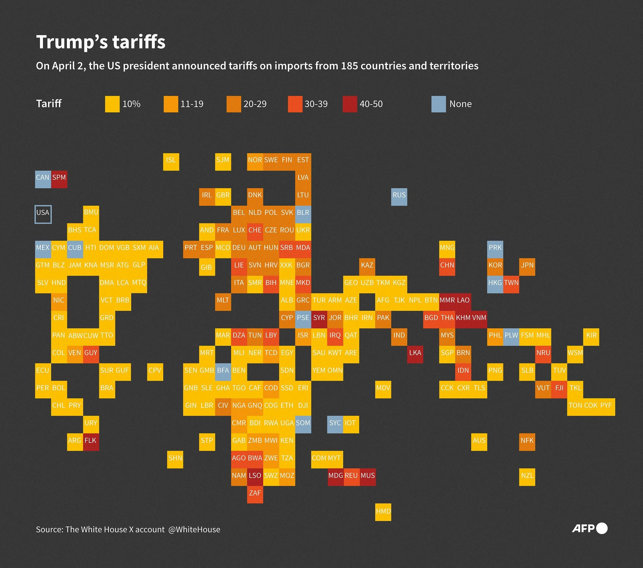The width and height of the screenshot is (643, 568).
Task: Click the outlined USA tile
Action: (43, 215)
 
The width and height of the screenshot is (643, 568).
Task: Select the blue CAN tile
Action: (43, 179)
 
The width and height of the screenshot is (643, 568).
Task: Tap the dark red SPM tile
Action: (59, 179)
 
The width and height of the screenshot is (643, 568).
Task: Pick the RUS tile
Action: (399, 197)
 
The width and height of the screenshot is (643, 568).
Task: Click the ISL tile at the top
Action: (171, 162)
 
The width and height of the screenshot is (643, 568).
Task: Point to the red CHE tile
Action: (255, 232)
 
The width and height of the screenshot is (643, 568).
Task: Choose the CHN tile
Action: (447, 267)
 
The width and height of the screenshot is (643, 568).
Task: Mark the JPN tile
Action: (527, 267)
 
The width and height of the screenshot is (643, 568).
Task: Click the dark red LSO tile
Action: (255, 477)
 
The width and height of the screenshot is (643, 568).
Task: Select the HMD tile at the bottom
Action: (383, 512)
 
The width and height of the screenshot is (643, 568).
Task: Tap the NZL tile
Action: (527, 477)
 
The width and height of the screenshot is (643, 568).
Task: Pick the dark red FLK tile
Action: (91, 442)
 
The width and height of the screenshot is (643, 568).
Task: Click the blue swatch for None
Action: (439, 104)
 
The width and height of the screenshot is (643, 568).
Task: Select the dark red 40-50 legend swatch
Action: (350, 104)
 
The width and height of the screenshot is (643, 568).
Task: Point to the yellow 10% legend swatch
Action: (112, 104)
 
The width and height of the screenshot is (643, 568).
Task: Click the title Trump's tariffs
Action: (101, 42)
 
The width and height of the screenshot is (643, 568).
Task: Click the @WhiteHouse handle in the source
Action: (194, 530)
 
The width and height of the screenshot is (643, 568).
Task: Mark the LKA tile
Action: (415, 354)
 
